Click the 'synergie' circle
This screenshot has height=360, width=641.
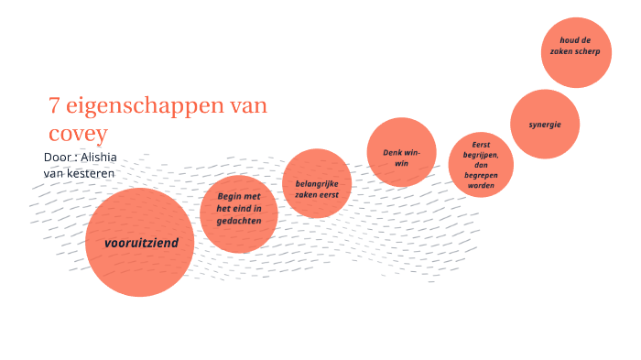coord(544,124)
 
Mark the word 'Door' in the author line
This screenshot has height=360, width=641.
coord(58,157)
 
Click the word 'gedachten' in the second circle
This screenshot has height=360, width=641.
coord(239,222)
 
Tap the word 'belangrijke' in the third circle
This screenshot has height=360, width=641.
coord(317,183)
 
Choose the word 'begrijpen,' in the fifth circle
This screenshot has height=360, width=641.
coord(481,155)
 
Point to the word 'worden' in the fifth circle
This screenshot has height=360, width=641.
coord(481,186)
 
